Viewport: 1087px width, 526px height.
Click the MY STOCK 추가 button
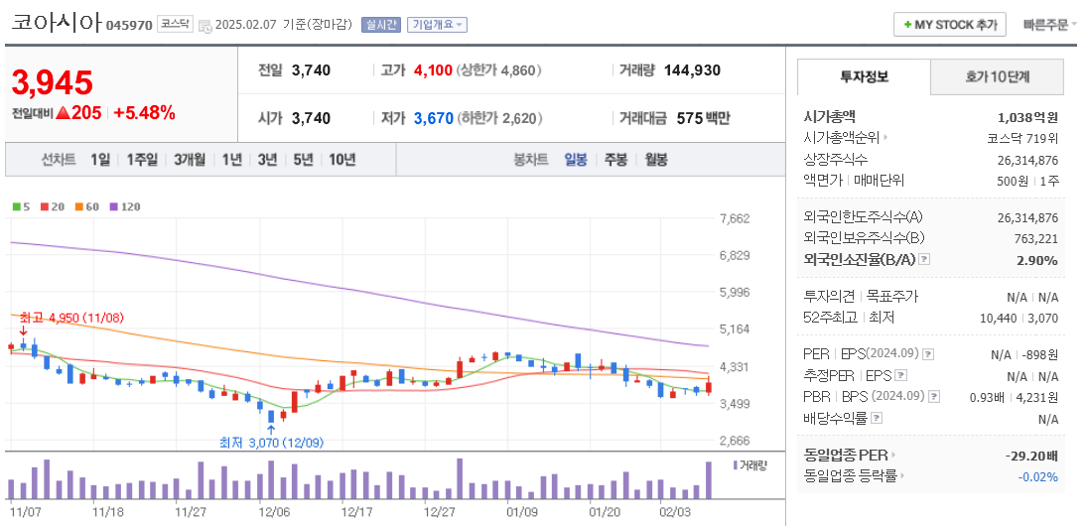tap(950, 25)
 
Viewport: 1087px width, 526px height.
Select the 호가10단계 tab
tap(997, 76)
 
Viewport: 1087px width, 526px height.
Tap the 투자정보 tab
tap(864, 76)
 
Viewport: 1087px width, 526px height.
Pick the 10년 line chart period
tap(341, 159)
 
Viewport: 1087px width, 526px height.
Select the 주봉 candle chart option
tap(615, 159)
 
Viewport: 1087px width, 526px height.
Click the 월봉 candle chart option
tap(655, 159)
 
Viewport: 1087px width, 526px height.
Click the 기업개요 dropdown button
tap(437, 25)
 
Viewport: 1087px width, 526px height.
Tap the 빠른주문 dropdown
tap(1050, 25)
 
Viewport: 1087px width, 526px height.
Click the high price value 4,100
tap(433, 70)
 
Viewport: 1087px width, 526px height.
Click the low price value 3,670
tap(433, 118)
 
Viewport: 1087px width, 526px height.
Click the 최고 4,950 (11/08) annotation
tap(70, 318)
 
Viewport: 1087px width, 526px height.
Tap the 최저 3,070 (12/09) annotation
tap(271, 443)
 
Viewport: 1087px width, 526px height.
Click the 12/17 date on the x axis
tap(355, 512)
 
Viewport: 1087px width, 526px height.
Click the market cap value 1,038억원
tap(1027, 116)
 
